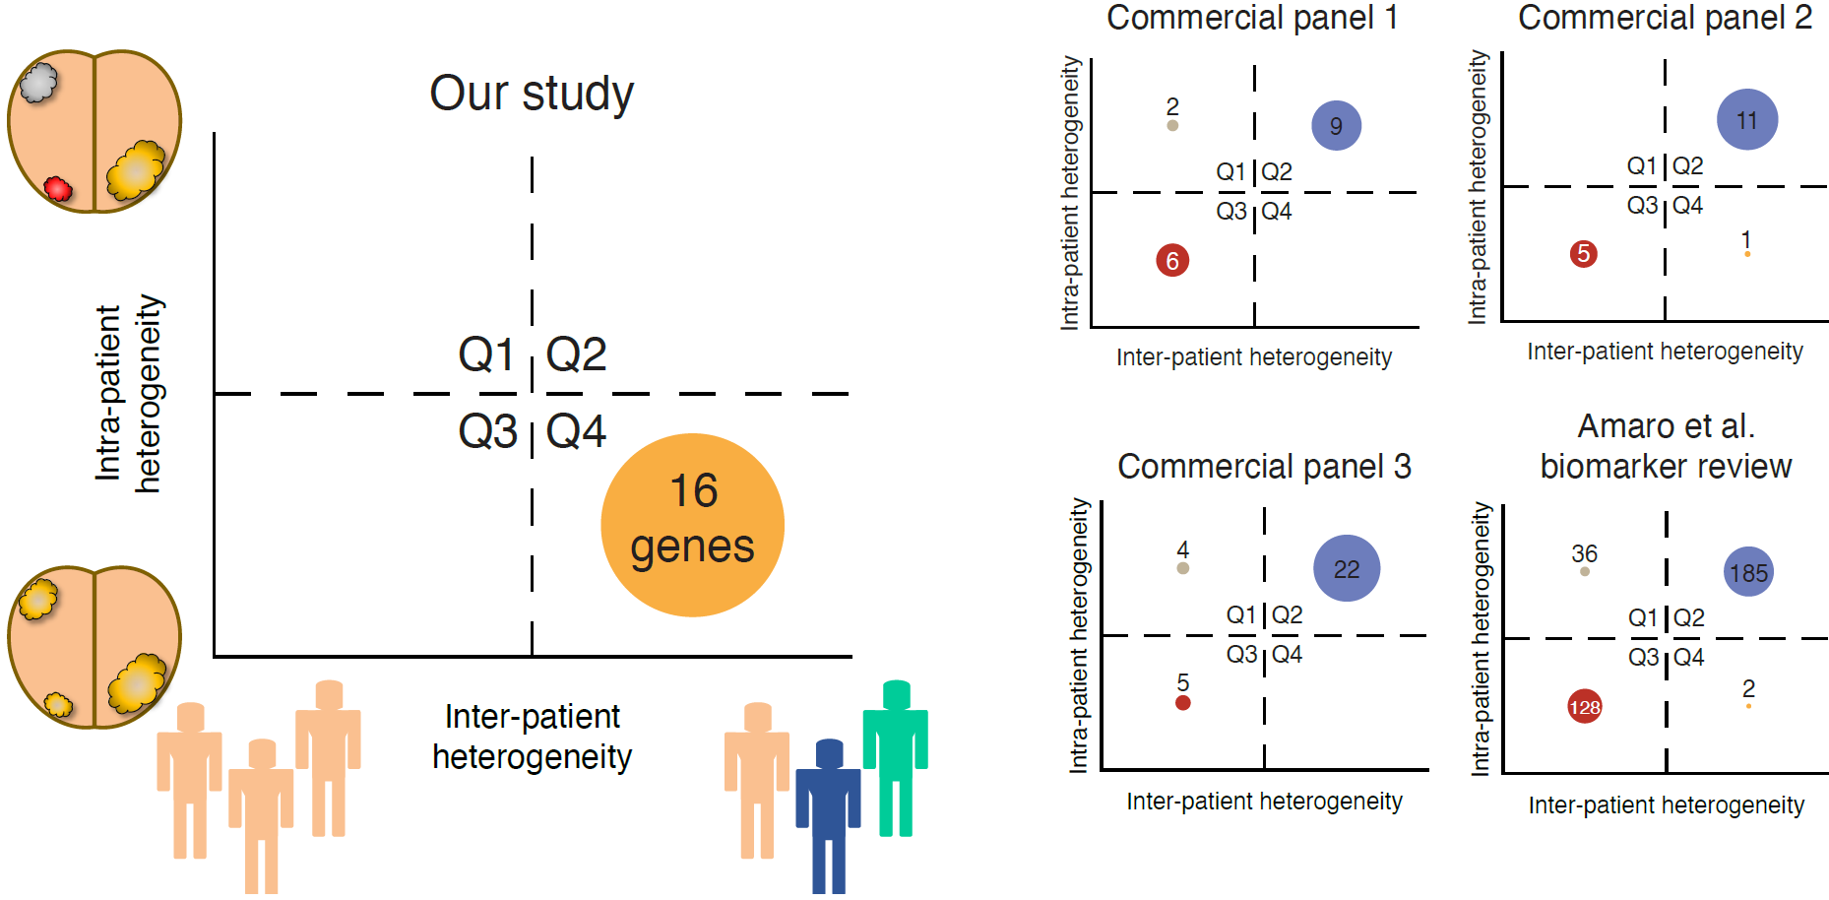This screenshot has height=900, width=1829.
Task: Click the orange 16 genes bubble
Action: pyautogui.click(x=692, y=525)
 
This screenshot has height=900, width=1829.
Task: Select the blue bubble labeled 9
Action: pyautogui.click(x=1336, y=125)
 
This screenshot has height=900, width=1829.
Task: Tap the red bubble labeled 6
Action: pyautogui.click(x=1171, y=260)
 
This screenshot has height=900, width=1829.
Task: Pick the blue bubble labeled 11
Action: pyautogui.click(x=1746, y=119)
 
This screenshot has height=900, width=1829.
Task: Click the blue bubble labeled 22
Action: pyautogui.click(x=1346, y=568)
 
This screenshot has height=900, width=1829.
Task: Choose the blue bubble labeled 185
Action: pyautogui.click(x=1748, y=572)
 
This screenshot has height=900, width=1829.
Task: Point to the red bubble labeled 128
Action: pyautogui.click(x=1584, y=706)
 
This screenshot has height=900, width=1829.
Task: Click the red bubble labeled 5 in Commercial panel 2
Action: pyautogui.click(x=1583, y=253)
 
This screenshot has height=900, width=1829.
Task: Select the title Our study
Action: pyautogui.click(x=532, y=94)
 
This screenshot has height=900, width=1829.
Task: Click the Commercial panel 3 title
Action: pyautogui.click(x=1264, y=466)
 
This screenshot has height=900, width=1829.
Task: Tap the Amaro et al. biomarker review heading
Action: pyautogui.click(x=1666, y=446)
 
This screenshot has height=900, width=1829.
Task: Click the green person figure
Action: pyautogui.click(x=895, y=753)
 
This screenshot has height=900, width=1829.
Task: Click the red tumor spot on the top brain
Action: pyautogui.click(x=58, y=188)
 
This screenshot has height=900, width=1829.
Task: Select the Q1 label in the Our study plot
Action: pyautogui.click(x=486, y=354)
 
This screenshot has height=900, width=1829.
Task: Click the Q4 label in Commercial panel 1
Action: pyautogui.click(x=1276, y=211)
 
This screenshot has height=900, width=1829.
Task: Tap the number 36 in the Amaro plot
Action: pyautogui.click(x=1584, y=553)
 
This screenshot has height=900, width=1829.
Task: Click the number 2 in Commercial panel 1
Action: pyautogui.click(x=1171, y=105)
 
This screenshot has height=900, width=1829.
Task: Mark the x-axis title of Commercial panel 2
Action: pyautogui.click(x=1665, y=352)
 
